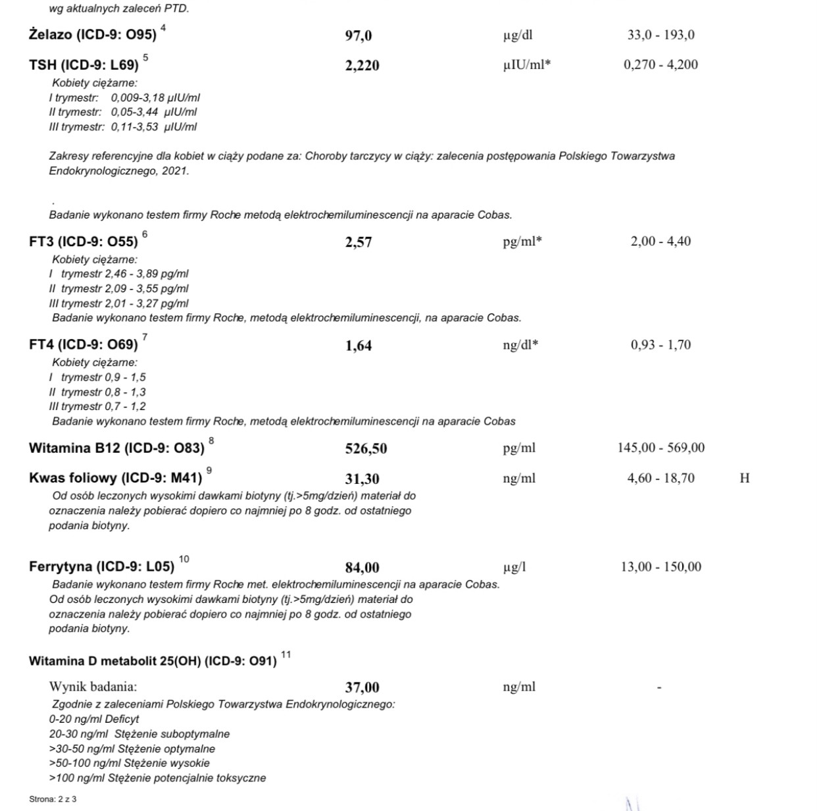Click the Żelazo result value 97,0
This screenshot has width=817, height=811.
point(359,36)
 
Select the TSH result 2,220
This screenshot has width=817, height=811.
point(362,65)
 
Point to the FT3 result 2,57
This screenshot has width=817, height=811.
point(359,242)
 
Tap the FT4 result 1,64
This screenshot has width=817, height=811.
point(359,346)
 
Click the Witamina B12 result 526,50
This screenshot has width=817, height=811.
point(366,449)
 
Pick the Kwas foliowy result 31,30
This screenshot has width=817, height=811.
point(362,479)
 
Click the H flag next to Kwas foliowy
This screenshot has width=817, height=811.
point(744,479)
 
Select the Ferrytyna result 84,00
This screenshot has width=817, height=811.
point(362,567)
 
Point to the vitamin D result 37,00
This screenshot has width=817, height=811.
point(362,688)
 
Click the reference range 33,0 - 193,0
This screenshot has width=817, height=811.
point(660,35)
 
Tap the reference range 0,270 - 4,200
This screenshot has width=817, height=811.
point(660,65)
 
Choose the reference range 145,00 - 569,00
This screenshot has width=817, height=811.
point(660,448)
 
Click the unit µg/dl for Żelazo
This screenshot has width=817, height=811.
point(518,36)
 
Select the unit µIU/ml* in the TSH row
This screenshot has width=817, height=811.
point(527,65)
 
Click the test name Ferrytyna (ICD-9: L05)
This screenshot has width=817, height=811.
point(102,567)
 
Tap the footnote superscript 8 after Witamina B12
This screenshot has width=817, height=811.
point(211,440)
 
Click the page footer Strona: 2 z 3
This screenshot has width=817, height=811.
point(53,799)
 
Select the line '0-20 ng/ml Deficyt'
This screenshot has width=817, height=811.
point(94,719)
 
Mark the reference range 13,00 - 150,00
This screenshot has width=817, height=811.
point(660,567)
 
